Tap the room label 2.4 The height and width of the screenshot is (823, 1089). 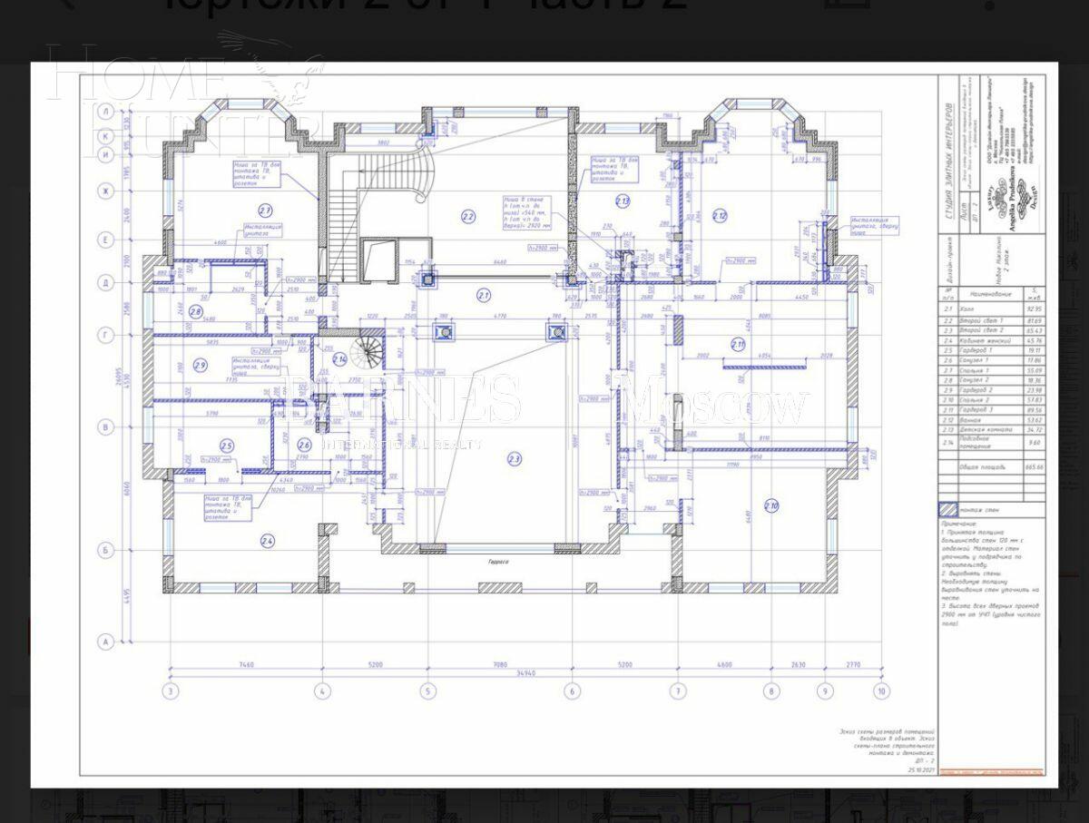coord(268,542)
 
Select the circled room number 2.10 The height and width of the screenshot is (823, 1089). coord(771,506)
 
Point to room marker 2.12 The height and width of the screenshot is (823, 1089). coord(720,216)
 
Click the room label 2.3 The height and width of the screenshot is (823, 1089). coord(515,459)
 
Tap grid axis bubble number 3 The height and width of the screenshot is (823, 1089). coord(170,691)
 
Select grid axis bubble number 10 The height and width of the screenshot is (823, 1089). coord(880,691)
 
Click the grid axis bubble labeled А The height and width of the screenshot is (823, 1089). coord(105,642)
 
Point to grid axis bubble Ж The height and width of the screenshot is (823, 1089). coord(105,191)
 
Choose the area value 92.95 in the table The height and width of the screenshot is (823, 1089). coord(1034,309)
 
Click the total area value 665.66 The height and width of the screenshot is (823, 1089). coord(1034,466)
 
